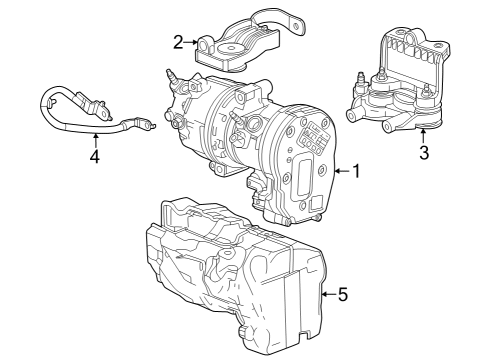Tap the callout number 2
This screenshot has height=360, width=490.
[178, 42]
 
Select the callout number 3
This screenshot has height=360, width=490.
[423, 153]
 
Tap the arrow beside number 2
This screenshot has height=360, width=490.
[192, 42]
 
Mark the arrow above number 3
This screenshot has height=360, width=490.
[423, 136]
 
